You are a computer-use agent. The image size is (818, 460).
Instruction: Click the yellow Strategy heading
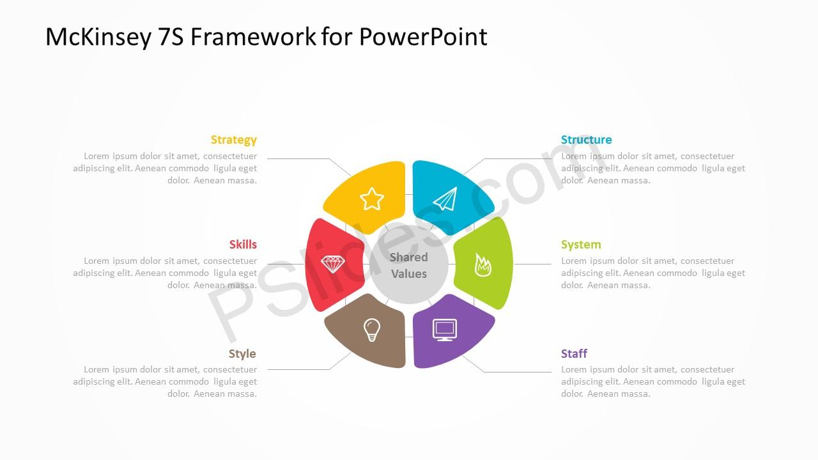[234, 140]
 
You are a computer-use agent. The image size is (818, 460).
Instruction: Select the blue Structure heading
[586, 139]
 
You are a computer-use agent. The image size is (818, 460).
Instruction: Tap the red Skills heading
[243, 244]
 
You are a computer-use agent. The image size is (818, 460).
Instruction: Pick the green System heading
[581, 245]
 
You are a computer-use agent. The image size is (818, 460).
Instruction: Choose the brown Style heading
[242, 354]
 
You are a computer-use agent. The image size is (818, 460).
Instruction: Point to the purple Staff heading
[574, 353]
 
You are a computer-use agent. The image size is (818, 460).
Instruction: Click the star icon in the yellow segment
[372, 199]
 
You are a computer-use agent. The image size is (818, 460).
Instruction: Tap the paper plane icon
[445, 199]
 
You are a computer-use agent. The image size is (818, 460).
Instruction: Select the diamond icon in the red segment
[333, 264]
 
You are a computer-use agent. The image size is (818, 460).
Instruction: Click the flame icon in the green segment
[482, 264]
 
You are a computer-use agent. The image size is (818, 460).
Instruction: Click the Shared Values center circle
[409, 264]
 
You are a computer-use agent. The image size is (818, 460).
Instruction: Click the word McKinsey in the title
[98, 37]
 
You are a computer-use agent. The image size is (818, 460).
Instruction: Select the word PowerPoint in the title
[423, 36]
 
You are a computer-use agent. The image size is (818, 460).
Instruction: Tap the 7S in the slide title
[171, 37]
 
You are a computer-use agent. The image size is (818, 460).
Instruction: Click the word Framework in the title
[254, 36]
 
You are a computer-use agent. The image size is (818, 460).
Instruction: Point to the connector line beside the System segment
[532, 264]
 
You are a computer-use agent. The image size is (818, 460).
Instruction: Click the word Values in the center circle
[409, 274]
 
